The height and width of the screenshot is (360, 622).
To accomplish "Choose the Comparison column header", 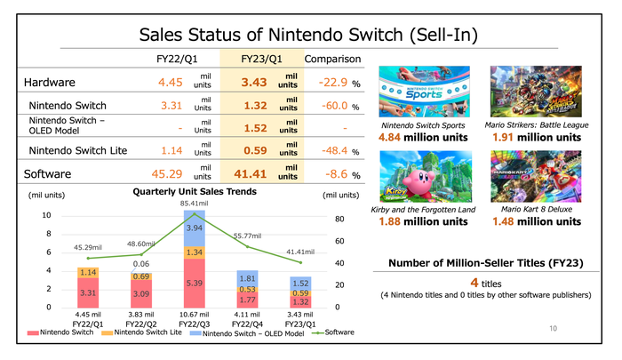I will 332,60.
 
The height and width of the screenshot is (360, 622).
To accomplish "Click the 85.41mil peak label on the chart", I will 194,204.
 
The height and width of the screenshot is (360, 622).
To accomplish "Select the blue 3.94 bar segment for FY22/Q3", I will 194,228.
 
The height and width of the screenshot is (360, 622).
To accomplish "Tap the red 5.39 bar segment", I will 194,283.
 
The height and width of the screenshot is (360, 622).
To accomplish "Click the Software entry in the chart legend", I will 339,332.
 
